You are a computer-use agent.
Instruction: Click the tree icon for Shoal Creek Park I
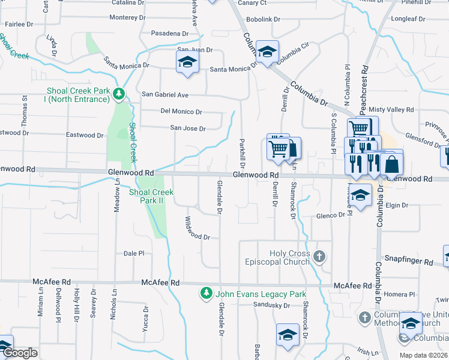(119, 94)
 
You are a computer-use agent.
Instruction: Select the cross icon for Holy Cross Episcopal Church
(319, 257)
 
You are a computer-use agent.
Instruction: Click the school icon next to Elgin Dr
(361, 196)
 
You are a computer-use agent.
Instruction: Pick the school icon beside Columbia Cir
(267, 52)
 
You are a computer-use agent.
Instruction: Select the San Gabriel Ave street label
(165, 95)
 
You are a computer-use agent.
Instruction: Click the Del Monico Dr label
(181, 112)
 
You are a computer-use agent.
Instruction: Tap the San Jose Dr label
(188, 128)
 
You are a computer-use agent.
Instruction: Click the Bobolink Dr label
(264, 19)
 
